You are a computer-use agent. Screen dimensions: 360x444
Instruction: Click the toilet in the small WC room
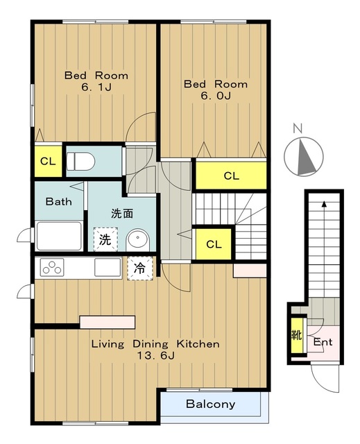pos(80,162)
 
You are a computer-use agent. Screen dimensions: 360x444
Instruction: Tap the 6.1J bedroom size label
pos(96,87)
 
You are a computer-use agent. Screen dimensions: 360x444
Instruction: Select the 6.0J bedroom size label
pos(216,96)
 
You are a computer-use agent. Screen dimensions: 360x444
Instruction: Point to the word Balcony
pos(211,404)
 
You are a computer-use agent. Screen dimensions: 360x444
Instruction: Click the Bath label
pos(58,202)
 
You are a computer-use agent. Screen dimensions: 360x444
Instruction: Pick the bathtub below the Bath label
pos(59,236)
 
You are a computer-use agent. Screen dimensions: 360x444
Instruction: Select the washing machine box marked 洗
pos(105,239)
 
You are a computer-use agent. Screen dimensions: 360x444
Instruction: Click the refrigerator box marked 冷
pos(140,268)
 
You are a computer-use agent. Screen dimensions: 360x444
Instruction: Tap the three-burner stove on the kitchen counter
pos(52,267)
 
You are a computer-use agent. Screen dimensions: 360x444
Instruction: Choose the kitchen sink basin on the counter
pos(108,267)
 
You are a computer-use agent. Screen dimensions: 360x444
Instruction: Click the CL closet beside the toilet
pos(48,161)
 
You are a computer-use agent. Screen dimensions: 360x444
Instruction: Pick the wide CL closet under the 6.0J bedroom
pos(231,176)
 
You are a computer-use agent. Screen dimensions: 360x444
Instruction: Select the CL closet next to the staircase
pos(214,244)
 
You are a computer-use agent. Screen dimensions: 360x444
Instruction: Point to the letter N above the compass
pos(298,129)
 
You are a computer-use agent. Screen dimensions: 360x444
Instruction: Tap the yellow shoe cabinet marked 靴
pos(297,336)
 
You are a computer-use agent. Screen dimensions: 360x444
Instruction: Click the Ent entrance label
pos(323,342)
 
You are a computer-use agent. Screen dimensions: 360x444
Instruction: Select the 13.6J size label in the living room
pos(155,355)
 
